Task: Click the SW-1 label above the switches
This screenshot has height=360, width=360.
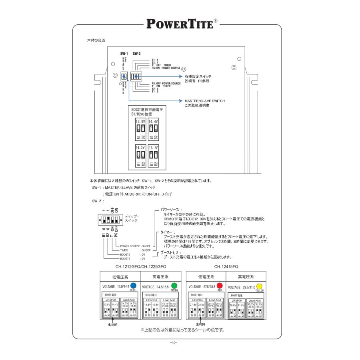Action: pyautogui.click(x=124, y=54)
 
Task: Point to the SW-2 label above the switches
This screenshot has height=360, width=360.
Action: pyautogui.click(x=136, y=54)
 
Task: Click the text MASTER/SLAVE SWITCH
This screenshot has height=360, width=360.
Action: pyautogui.click(x=204, y=101)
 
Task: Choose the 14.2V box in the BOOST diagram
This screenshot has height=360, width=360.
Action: pyautogui.click(x=140, y=156)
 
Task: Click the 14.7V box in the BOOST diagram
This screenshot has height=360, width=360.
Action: pyautogui.click(x=153, y=156)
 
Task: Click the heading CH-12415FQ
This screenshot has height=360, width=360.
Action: pyautogui.click(x=226, y=266)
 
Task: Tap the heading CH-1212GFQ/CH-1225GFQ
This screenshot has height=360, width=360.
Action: pyautogui.click(x=140, y=266)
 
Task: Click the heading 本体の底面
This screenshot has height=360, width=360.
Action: pyautogui.click(x=96, y=41)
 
